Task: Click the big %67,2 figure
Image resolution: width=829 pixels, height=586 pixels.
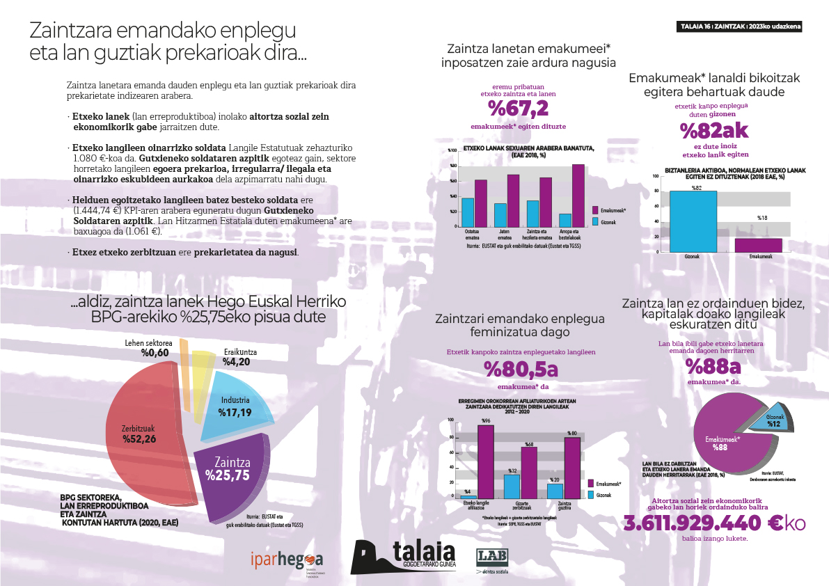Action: [x=518, y=109]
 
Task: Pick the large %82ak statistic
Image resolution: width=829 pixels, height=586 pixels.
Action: [x=714, y=130]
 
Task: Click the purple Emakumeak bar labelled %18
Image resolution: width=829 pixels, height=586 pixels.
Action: [x=758, y=245]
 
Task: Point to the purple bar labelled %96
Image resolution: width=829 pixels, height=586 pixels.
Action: [x=486, y=460]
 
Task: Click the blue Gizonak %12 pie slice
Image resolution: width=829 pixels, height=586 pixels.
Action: [x=772, y=422]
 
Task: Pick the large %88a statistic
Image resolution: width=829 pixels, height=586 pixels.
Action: [x=713, y=366]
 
